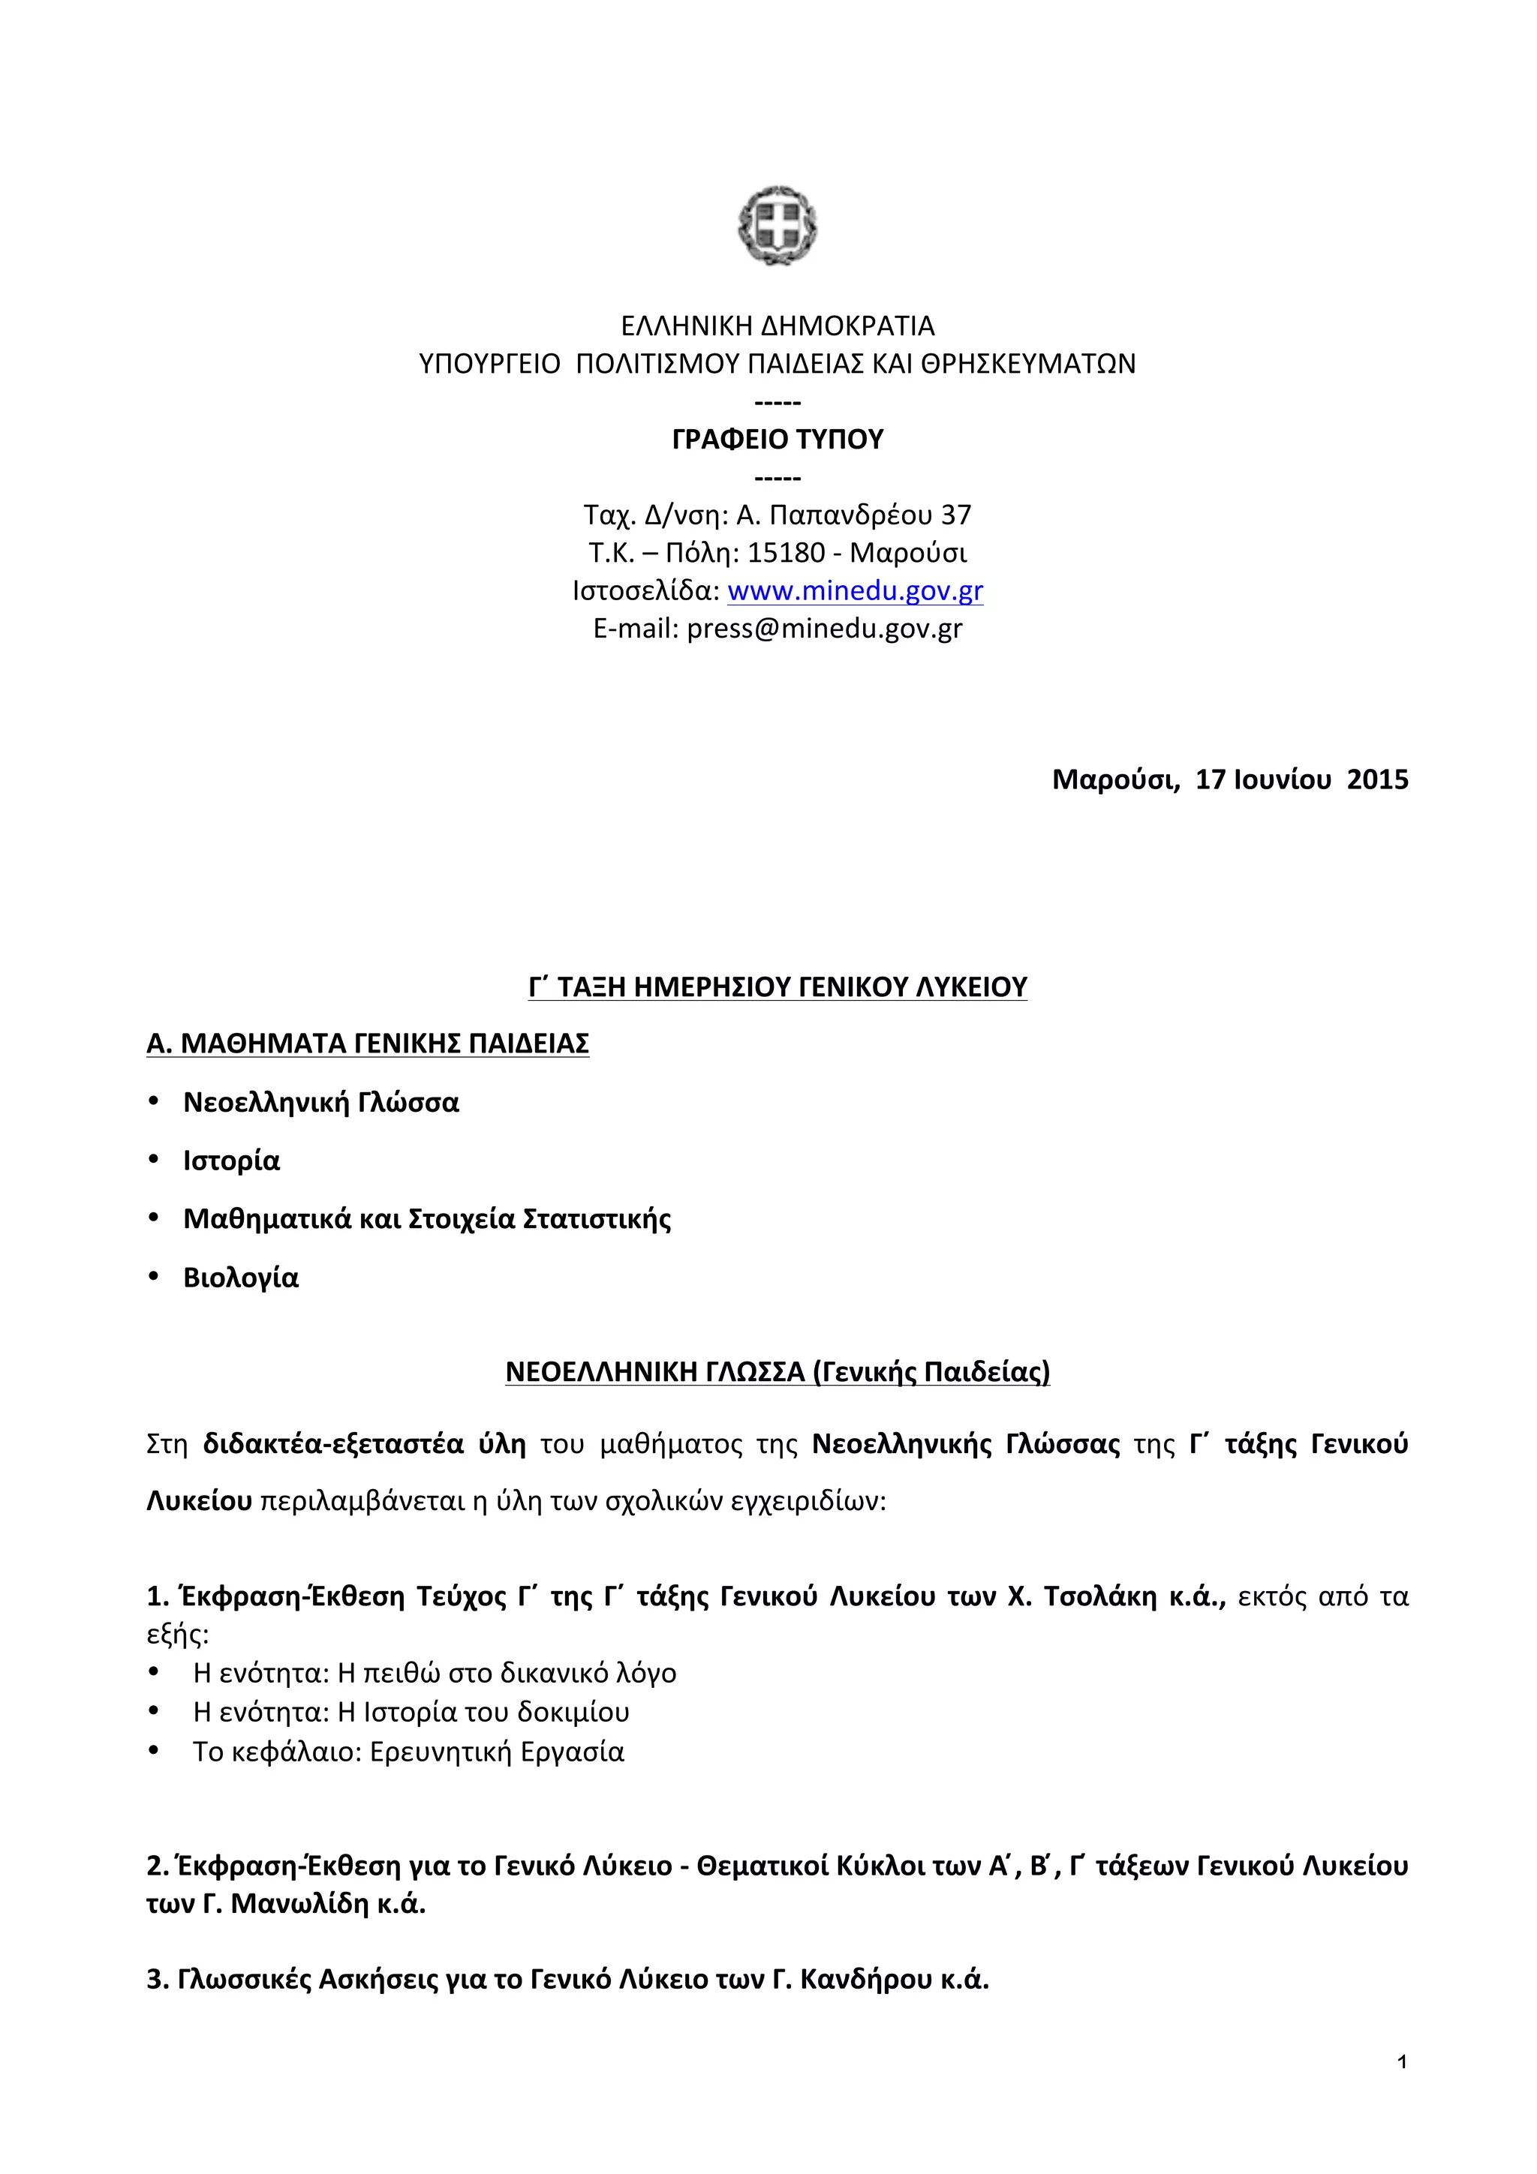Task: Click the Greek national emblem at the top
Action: (778, 225)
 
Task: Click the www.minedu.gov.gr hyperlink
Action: (855, 591)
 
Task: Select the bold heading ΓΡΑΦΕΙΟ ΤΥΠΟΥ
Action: (778, 440)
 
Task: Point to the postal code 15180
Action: (786, 553)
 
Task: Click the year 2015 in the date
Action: (1378, 779)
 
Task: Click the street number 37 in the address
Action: (955, 515)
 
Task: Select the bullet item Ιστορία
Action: (231, 1161)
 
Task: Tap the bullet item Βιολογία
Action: (241, 1278)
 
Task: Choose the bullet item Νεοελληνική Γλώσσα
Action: (321, 1102)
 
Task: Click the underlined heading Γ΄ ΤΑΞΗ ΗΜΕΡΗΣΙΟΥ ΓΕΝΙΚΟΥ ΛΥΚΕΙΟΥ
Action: (778, 986)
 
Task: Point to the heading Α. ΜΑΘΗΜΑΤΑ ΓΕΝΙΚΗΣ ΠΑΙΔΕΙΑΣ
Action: (368, 1043)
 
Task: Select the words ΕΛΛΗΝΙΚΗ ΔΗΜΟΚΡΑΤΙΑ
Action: (778, 326)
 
